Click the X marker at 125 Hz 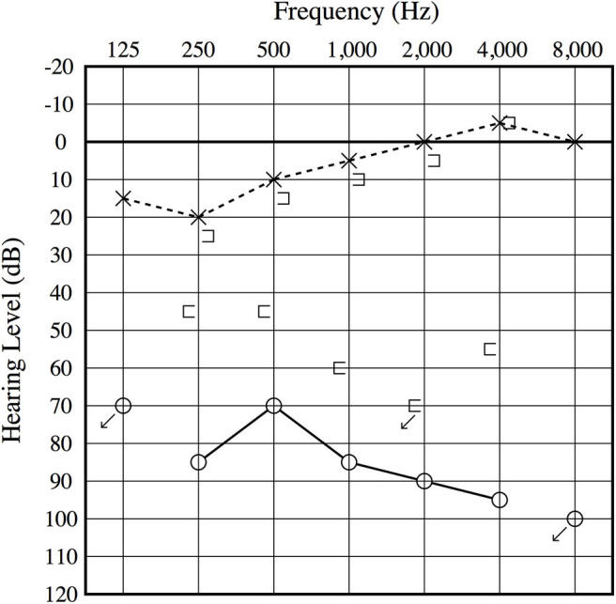coord(123,198)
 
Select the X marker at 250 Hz coord(198,217)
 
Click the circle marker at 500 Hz coord(273,405)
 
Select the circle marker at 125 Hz coord(123,405)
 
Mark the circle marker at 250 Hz coord(198,462)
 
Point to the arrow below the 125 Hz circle coord(108,422)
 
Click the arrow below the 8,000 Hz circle coord(560,534)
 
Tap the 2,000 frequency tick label coord(423,50)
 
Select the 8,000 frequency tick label coord(575,50)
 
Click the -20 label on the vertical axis coord(64,67)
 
